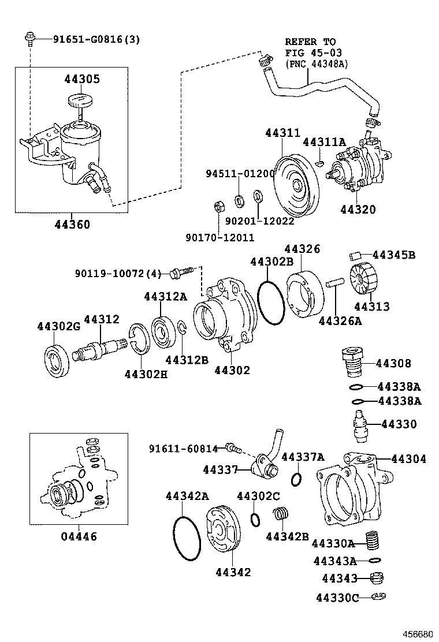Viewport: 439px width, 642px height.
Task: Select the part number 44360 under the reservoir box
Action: coord(71,224)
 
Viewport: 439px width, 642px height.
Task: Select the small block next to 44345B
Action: coord(356,255)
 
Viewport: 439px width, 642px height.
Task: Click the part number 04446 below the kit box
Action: coord(79,536)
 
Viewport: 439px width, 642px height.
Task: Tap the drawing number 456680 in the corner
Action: coord(416,633)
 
